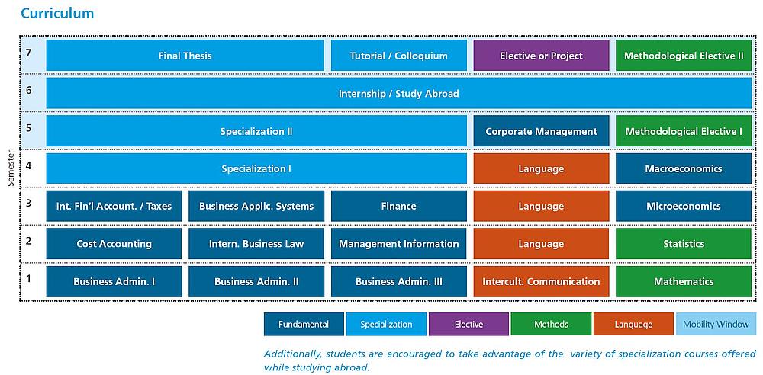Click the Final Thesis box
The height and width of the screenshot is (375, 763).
(185, 56)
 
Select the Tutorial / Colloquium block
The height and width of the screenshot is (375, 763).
(398, 56)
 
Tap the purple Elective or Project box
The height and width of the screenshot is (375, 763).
(541, 56)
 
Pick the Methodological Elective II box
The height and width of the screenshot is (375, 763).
(684, 56)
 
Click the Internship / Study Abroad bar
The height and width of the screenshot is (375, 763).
(399, 93)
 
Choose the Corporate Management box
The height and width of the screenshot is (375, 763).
(541, 131)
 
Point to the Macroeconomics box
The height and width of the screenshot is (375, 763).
(684, 168)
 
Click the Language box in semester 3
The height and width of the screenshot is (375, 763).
(541, 207)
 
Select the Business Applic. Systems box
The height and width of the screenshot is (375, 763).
(256, 207)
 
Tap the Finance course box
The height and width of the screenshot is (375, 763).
(398, 207)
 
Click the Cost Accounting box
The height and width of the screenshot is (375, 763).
(114, 244)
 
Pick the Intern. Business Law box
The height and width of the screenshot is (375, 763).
(256, 244)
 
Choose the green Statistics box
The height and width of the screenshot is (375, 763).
(684, 244)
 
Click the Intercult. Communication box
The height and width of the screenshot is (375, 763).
(541, 281)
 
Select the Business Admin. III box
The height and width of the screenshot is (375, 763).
(398, 281)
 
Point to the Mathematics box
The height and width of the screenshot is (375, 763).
(684, 281)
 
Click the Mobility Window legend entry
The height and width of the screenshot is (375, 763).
(716, 325)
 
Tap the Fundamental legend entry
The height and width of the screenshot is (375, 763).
(304, 325)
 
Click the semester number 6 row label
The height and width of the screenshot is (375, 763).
(29, 90)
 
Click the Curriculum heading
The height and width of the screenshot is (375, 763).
(57, 13)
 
